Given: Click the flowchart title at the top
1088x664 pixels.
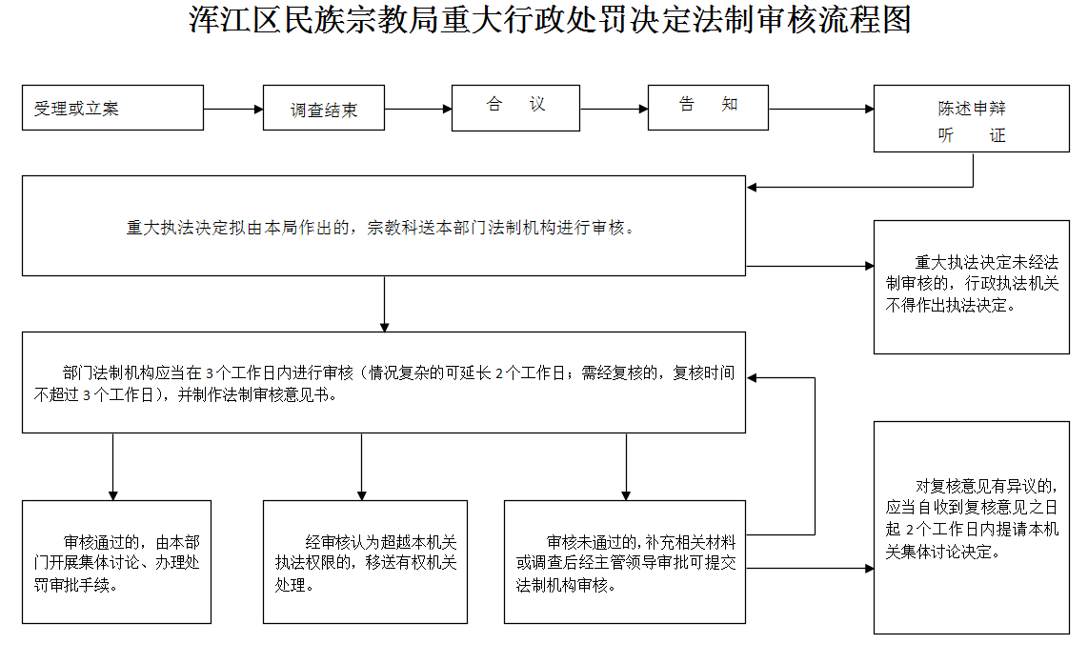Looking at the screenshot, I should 551,20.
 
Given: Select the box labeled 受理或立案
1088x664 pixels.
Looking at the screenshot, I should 112,108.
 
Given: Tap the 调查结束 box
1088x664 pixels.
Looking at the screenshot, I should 324,110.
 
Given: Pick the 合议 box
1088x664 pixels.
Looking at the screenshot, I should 515,107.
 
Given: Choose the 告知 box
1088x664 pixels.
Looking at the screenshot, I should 708,107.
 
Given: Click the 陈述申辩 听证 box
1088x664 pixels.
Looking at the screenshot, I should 971,120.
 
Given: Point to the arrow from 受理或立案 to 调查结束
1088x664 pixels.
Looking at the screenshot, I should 233,109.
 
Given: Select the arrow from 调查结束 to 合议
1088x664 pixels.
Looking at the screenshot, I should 418,109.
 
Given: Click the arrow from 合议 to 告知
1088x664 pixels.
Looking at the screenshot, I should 614,109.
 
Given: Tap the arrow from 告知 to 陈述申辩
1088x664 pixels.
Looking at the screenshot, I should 820,109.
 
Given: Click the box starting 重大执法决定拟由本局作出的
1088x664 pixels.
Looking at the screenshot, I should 384,227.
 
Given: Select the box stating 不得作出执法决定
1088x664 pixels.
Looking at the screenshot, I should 971,287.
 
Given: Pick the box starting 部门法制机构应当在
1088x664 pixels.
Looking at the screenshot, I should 384,382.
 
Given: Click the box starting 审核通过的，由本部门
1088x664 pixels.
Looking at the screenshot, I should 116,562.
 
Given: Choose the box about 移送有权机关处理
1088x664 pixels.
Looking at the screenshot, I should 365,562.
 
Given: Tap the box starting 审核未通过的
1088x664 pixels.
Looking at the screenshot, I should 625,562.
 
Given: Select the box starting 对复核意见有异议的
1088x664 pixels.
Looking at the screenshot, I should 971,527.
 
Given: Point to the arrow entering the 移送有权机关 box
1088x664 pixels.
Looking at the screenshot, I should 361,467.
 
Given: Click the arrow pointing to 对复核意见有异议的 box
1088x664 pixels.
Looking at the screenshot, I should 810,569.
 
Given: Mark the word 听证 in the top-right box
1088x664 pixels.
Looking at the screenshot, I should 971,135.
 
